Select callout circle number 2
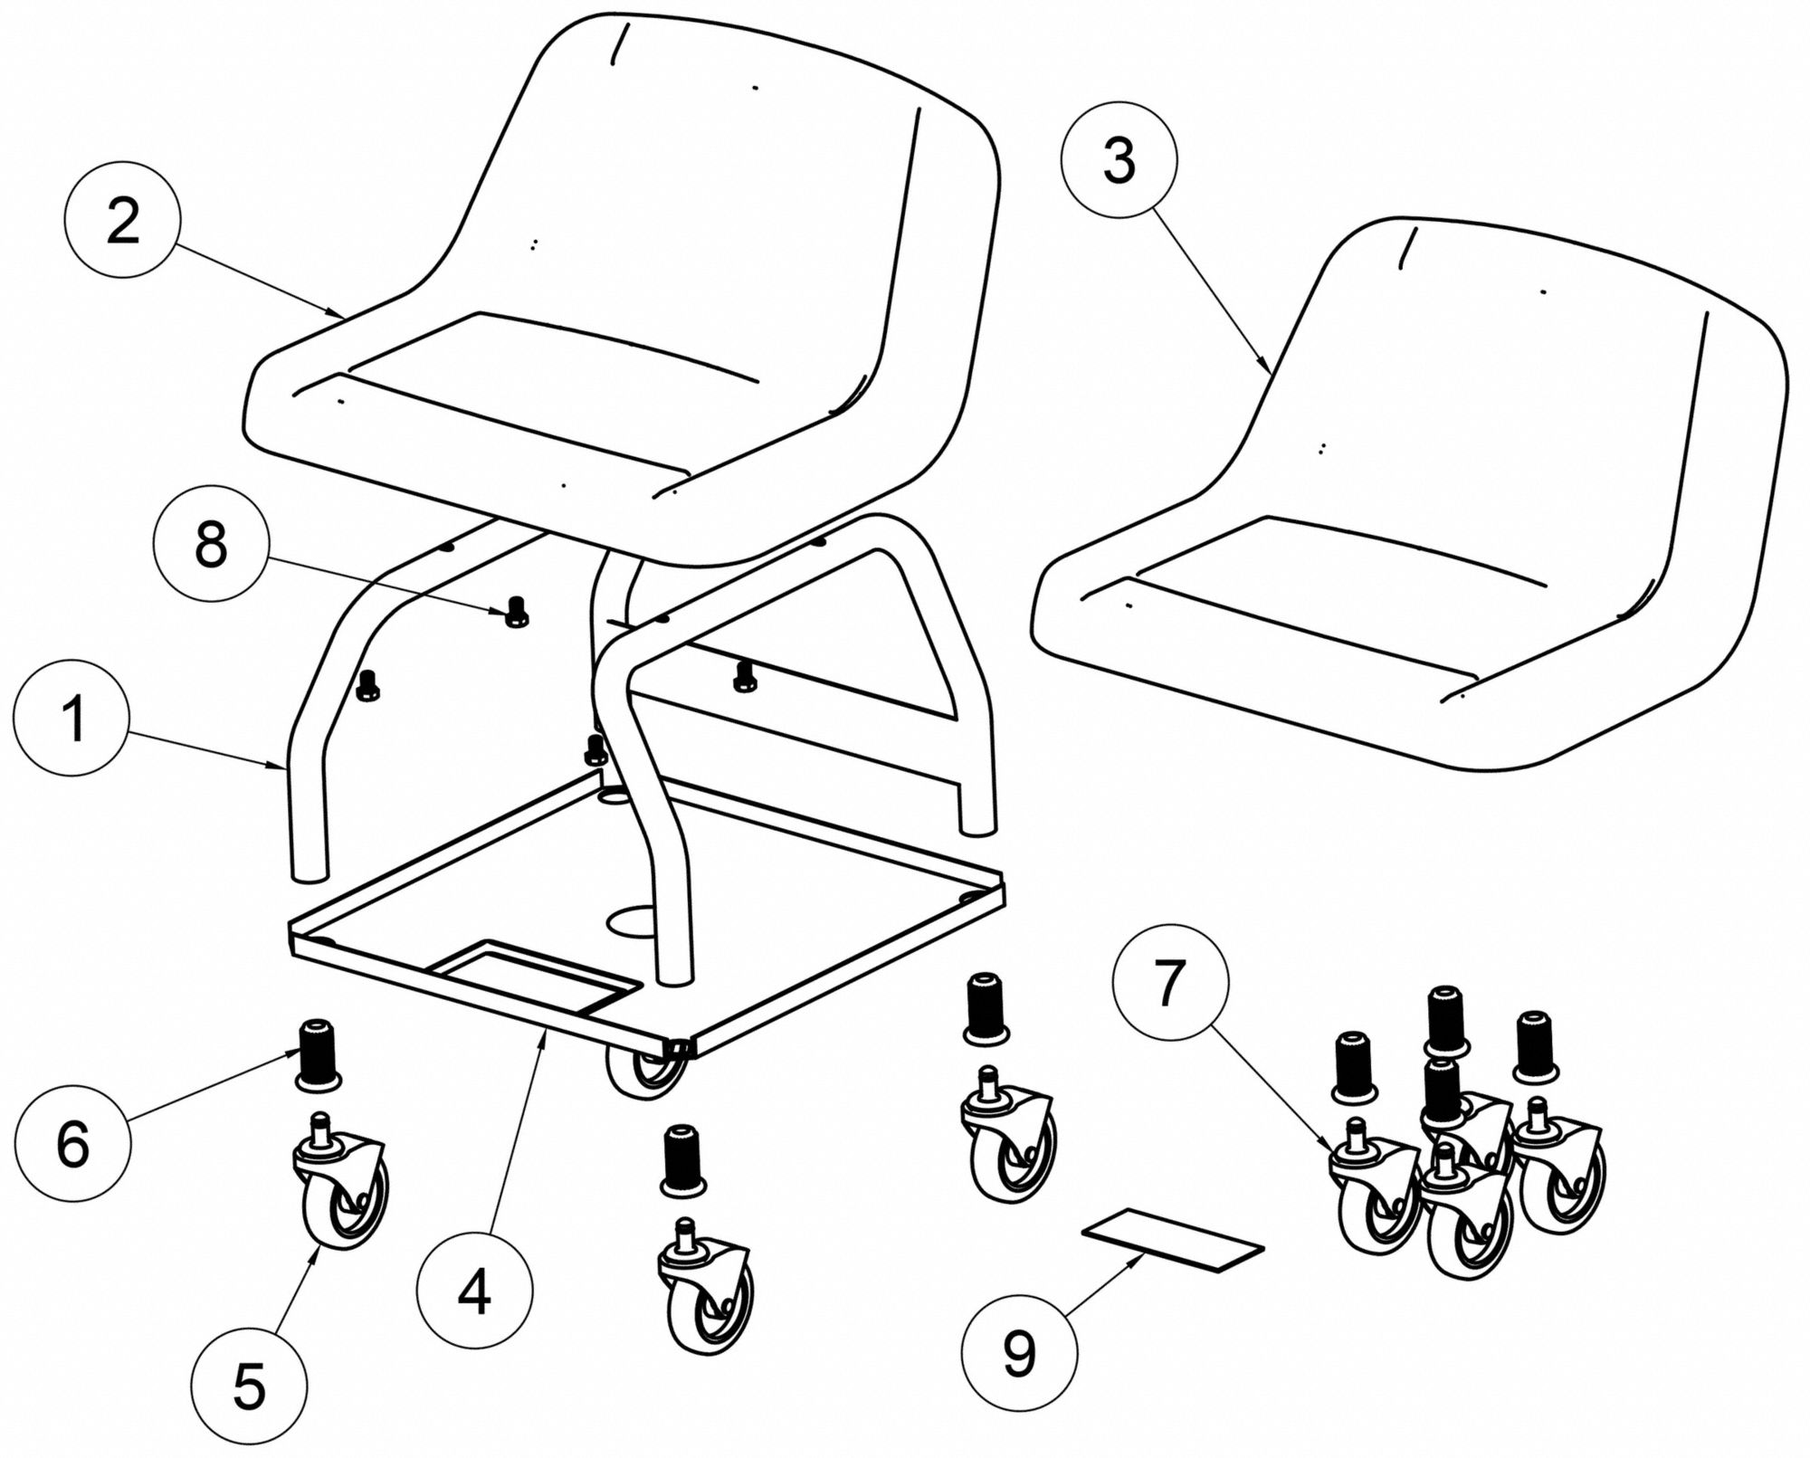pyautogui.click(x=123, y=221)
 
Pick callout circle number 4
pyautogui.click(x=474, y=1291)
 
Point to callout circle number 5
pyautogui.click(x=248, y=1386)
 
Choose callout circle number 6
pyautogui.click(x=72, y=1144)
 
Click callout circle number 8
pyautogui.click(x=211, y=546)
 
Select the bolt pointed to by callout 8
pyautogui.click(x=517, y=613)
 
